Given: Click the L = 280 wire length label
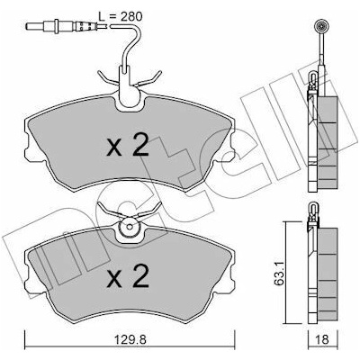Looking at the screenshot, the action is tap(121, 16).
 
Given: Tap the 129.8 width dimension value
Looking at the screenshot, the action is tap(130, 339).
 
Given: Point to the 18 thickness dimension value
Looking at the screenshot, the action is tap(323, 339).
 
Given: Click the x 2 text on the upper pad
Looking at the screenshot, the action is tap(128, 145).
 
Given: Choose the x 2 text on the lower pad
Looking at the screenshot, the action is tap(128, 276).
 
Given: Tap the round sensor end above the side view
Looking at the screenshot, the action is tap(323, 26).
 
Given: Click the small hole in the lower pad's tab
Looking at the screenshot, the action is tap(130, 227).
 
